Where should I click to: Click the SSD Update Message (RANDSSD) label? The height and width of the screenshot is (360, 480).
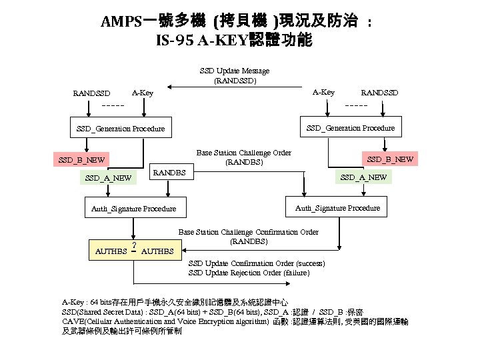235,75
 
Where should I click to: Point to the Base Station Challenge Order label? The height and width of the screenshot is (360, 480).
243,157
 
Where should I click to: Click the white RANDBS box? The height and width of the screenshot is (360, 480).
169,173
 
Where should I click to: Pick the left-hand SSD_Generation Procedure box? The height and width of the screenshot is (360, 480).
120,128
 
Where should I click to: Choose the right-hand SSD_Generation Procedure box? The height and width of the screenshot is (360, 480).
350,127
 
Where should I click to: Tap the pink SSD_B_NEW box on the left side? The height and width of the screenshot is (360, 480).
81,161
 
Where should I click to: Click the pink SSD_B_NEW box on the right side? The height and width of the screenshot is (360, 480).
389,159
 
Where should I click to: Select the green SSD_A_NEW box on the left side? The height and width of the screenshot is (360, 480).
108,178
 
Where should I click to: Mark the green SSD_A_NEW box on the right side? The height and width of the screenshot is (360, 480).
363,177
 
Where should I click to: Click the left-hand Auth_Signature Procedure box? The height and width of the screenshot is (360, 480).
133,209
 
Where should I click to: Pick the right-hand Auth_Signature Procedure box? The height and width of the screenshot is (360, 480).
337,208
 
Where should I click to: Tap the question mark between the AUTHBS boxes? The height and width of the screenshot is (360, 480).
135,244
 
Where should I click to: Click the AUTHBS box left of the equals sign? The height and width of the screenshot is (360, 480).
111,252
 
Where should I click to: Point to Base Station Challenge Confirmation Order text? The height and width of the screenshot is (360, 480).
248,236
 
